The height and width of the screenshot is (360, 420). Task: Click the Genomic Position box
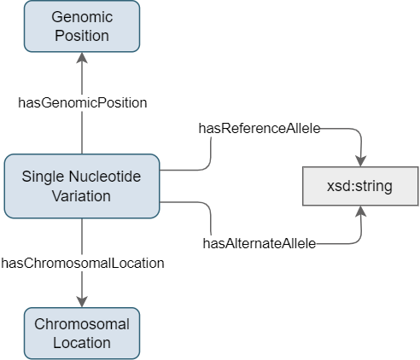pos(82,26)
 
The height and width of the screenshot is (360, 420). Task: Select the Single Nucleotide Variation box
pos(82,186)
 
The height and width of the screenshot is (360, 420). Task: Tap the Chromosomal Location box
pos(82,334)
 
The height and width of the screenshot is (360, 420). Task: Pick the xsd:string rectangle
pos(360,186)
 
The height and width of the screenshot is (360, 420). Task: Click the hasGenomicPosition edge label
pos(83,102)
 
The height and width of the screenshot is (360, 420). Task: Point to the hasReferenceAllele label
pos(260,129)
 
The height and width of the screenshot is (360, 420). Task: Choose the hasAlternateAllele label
pos(260,244)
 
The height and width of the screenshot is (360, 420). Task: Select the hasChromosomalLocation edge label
pos(83,263)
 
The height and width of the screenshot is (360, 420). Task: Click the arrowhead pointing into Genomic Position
pos(82,58)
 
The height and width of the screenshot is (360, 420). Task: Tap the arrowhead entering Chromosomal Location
pos(82,302)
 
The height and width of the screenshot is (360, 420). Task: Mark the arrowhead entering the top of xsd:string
pos(361,161)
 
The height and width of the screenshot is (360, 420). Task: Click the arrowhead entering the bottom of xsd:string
pos(361,211)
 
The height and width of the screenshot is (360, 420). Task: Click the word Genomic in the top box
pos(82,17)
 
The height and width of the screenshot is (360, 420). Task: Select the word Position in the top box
pos(82,36)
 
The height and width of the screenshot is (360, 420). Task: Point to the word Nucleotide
pos(105,177)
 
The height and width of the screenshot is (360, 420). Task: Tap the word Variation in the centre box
pos(81,196)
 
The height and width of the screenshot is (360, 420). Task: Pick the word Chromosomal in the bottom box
pos(82,324)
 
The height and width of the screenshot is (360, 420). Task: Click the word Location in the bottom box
pos(82,343)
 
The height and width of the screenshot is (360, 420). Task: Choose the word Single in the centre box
pos(44,177)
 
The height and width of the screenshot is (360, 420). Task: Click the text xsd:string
pos(359,186)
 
